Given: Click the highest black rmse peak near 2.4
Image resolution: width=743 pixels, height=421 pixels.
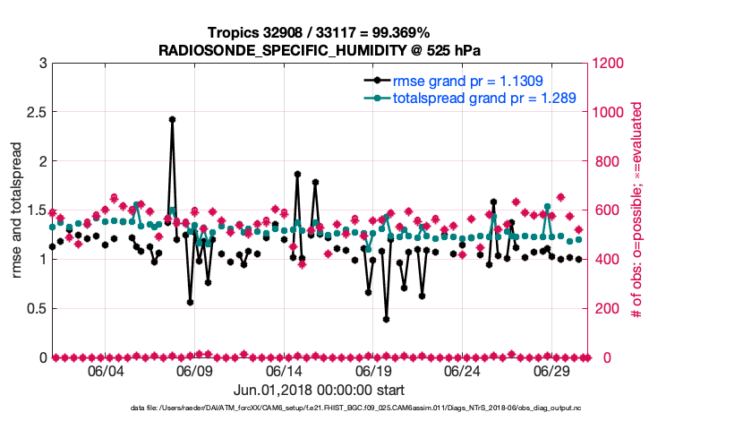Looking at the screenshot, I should pos(172,119).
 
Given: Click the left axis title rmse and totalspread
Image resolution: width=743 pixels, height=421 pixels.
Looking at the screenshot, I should pos(17,210).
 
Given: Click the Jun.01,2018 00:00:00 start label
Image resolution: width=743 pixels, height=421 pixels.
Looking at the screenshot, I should pos(319,390).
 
